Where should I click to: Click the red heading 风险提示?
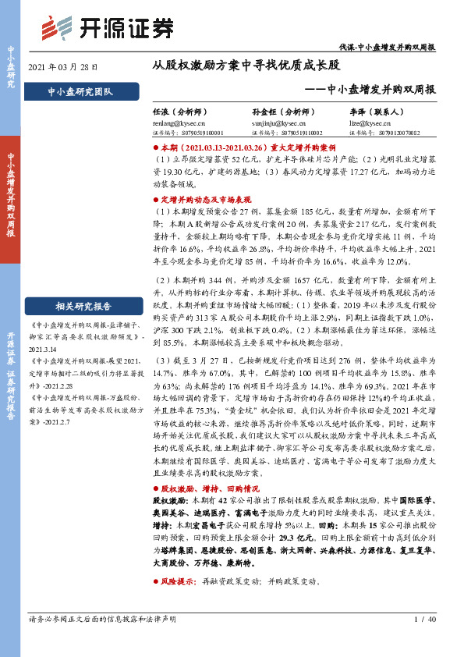[179, 582]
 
